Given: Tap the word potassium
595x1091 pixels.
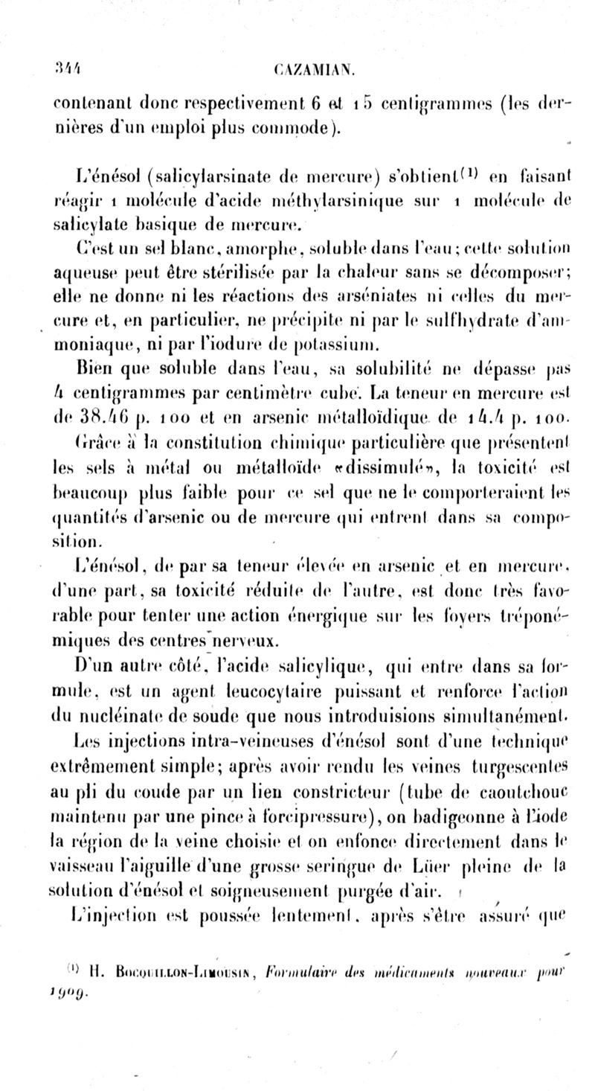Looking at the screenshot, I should click(x=353, y=345).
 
